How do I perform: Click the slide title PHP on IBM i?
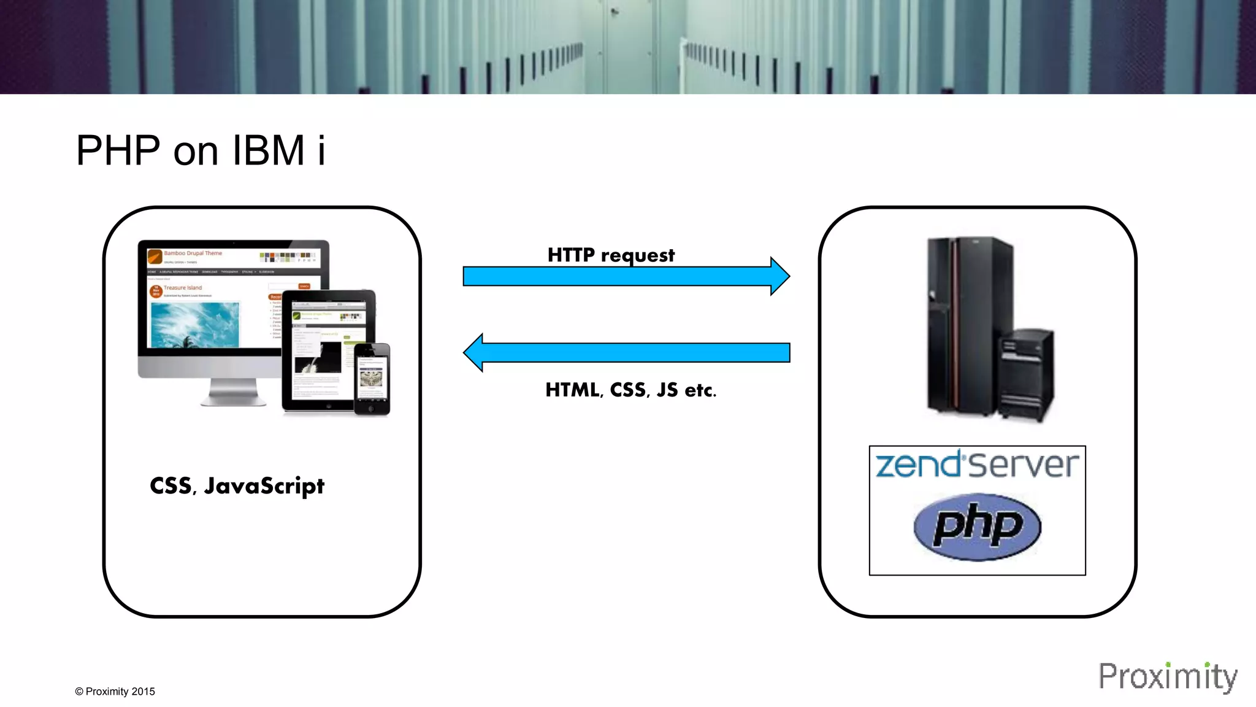point(201,150)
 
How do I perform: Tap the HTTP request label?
point(611,255)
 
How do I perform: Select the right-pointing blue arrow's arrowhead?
point(779,276)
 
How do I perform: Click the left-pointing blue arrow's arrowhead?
point(473,353)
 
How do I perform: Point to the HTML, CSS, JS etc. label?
point(630,390)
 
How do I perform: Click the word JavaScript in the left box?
point(264,486)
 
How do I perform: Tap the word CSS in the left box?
point(171,486)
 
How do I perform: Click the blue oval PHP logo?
point(977,527)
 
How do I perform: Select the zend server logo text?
point(977,465)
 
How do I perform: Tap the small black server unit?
point(1027,374)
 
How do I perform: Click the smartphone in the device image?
point(372,379)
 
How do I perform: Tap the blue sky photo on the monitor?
point(195,324)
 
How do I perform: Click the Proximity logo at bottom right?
point(1167,677)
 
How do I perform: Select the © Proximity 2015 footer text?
point(115,692)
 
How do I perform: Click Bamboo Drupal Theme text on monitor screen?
point(193,253)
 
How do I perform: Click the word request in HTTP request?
point(638,255)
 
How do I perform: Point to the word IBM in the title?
point(268,150)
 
